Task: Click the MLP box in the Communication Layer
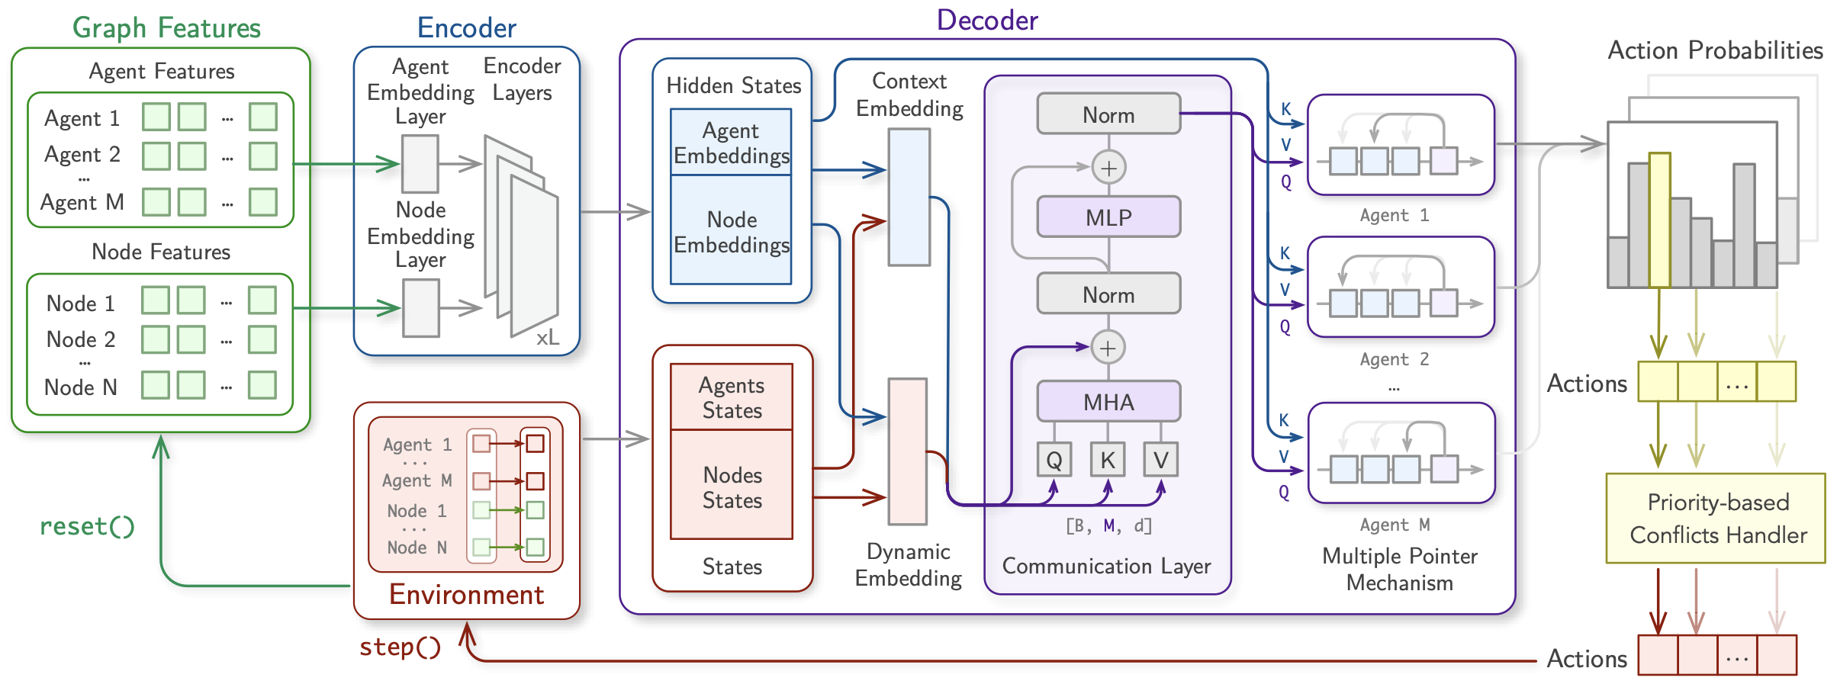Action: click(1108, 217)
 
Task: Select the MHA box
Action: click(1108, 402)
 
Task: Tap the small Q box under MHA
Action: click(1054, 460)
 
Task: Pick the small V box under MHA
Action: click(1160, 460)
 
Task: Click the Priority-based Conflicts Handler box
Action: click(1716, 519)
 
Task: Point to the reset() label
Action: click(87, 526)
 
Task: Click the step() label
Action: click(401, 647)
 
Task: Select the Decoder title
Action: click(987, 21)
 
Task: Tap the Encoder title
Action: click(466, 28)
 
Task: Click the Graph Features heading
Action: click(166, 28)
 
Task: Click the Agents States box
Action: click(732, 397)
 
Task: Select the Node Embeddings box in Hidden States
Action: click(732, 231)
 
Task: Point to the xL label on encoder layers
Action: click(547, 338)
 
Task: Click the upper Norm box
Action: click(1108, 114)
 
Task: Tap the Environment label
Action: click(466, 595)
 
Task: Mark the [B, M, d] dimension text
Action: click(1108, 525)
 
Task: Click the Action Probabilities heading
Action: click(1715, 50)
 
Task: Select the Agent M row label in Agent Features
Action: click(82, 202)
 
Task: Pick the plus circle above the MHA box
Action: click(1108, 348)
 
